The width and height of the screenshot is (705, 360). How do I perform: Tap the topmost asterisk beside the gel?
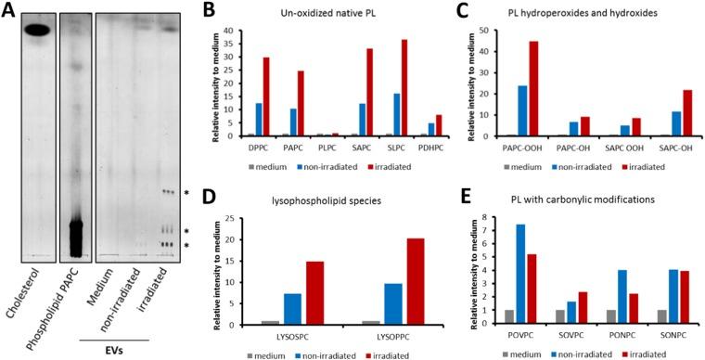tap(186, 193)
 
